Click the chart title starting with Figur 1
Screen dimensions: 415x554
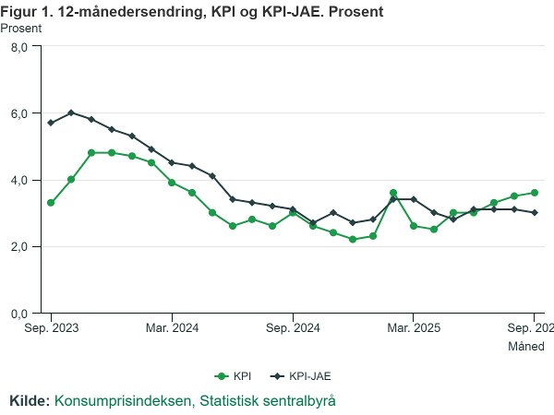click(193, 11)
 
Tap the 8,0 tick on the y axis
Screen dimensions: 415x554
click(18, 47)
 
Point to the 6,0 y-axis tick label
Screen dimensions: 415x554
click(18, 113)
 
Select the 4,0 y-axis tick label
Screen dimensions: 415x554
click(18, 180)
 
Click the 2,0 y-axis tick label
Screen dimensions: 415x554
click(18, 246)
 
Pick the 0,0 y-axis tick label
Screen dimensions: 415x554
click(18, 314)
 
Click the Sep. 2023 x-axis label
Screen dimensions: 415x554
click(51, 327)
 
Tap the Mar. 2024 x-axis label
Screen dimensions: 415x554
click(172, 327)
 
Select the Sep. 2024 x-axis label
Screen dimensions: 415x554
click(293, 327)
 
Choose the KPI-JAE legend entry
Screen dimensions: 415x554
click(302, 375)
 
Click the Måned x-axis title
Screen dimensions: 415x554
click(526, 347)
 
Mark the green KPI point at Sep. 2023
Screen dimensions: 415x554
click(51, 203)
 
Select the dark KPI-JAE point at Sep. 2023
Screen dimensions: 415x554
click(51, 123)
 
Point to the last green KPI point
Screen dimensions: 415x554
click(535, 193)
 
